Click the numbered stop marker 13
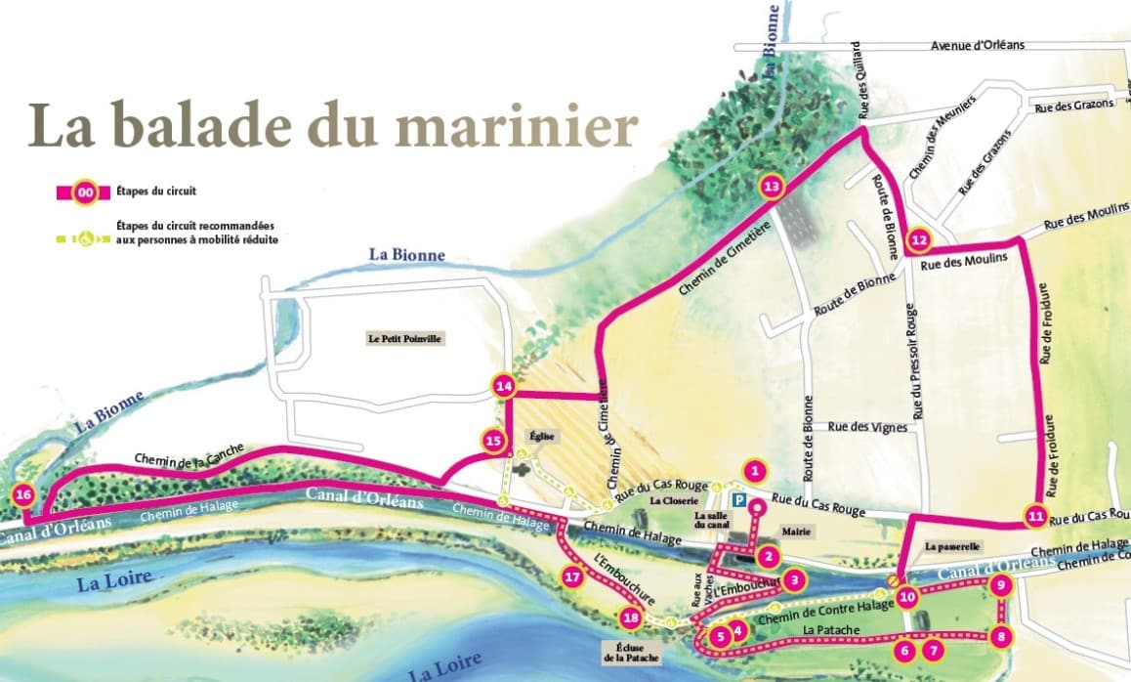771,186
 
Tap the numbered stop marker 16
23,495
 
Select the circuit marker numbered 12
918,239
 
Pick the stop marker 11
1036,514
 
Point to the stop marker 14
504,386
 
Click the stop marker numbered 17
573,576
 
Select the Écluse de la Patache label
632,652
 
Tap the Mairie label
794,533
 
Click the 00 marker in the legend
85,192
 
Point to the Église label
541,436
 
